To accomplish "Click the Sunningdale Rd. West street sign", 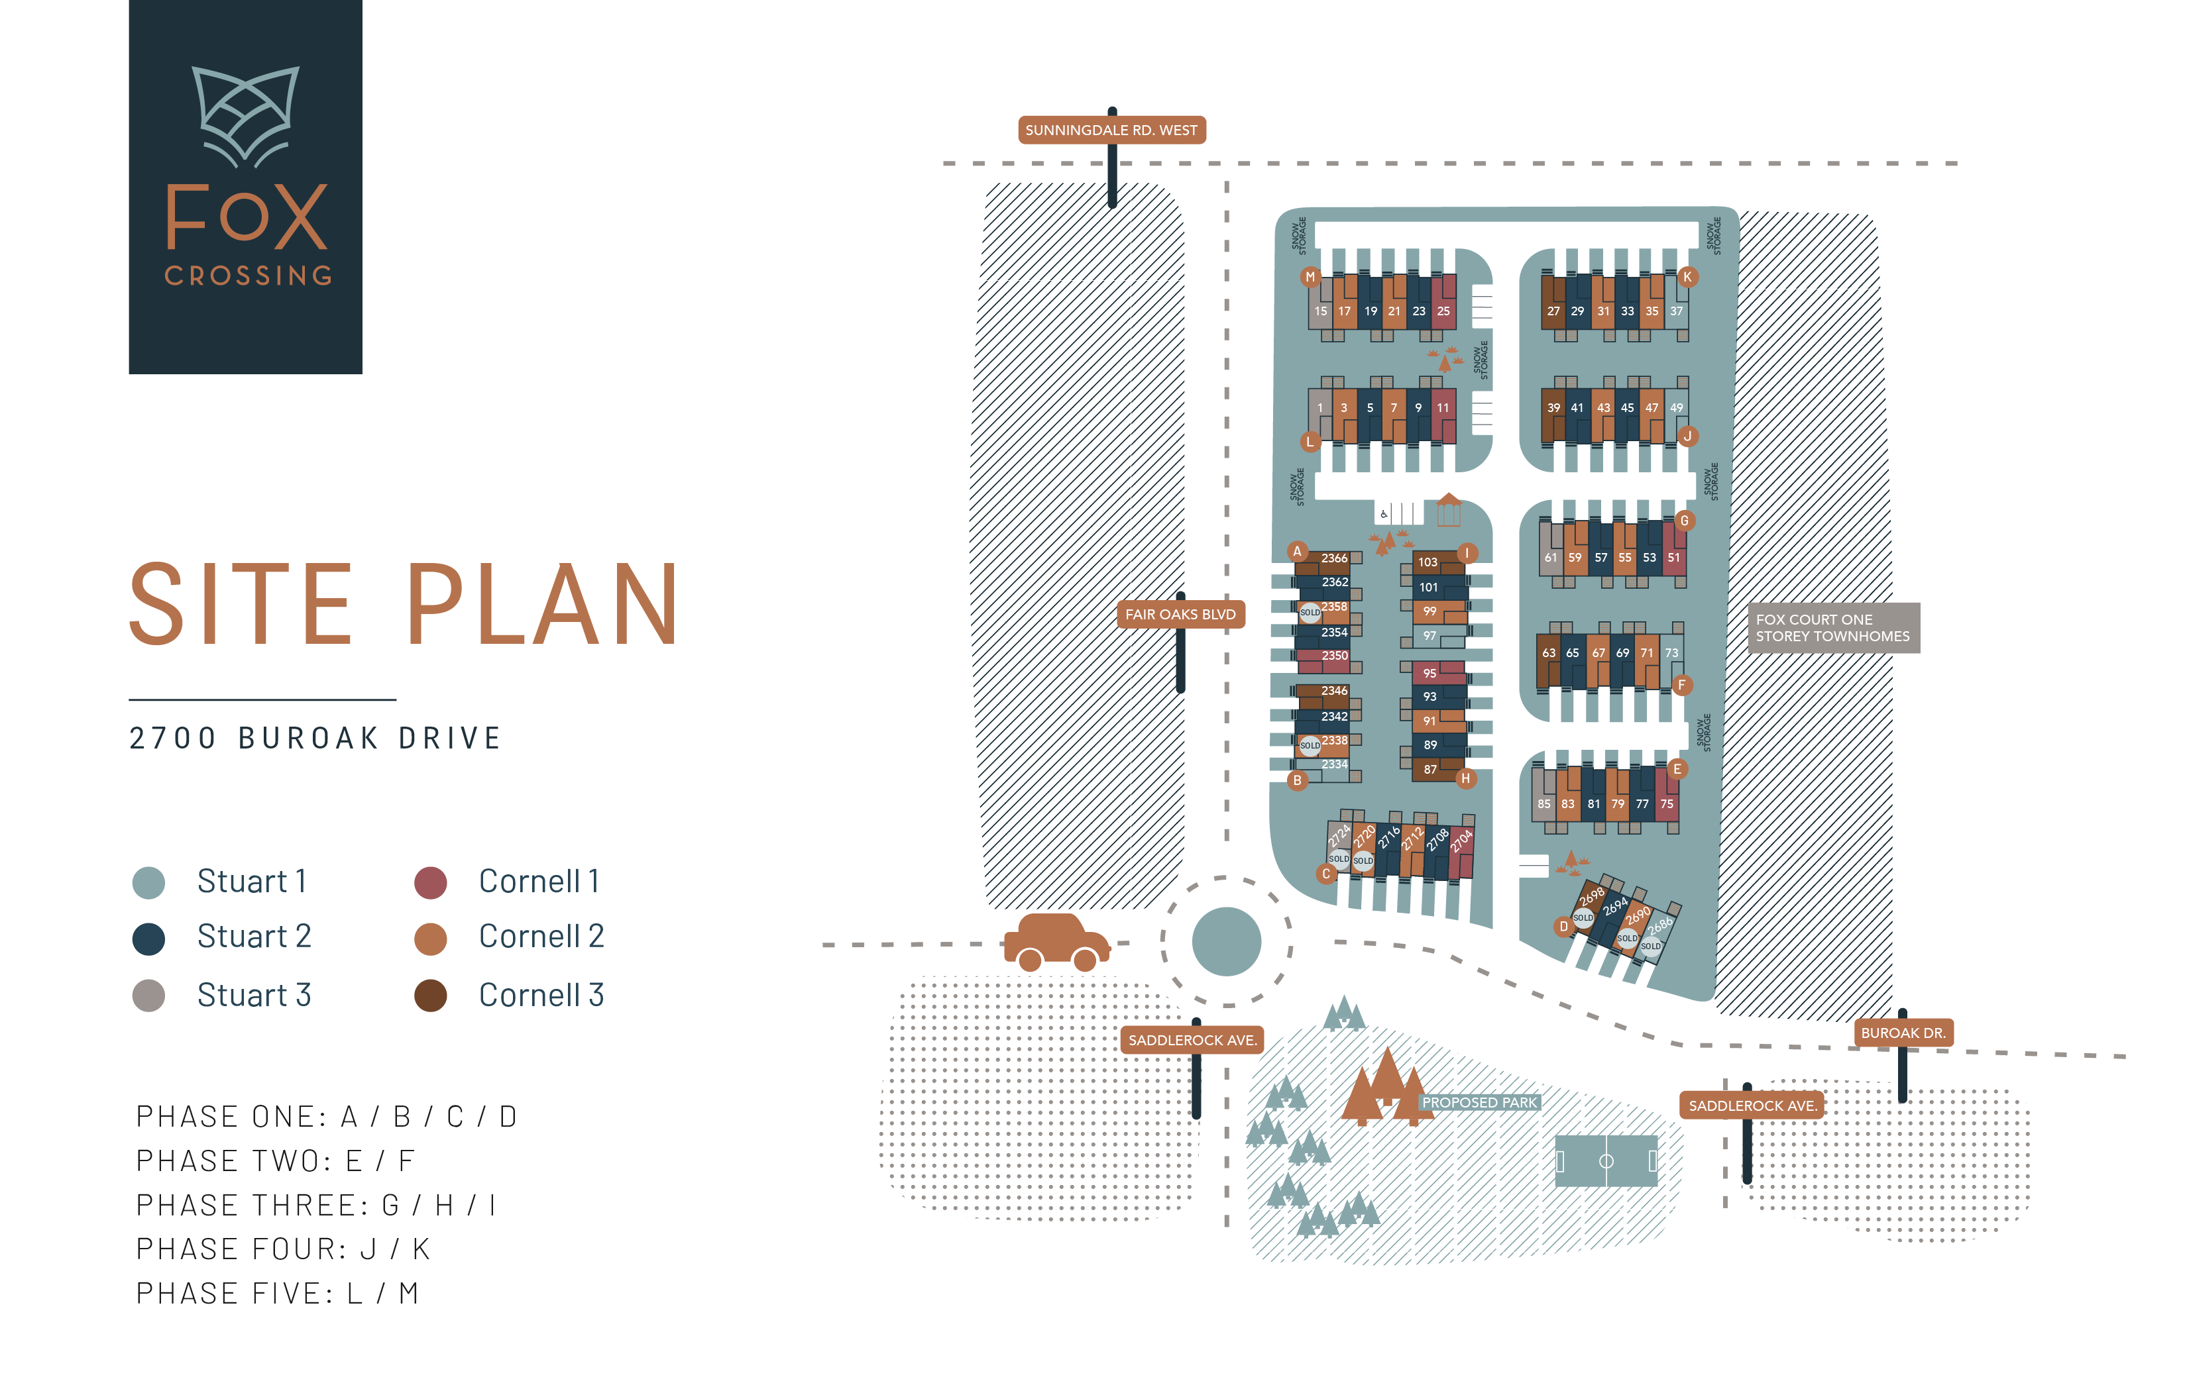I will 1111,130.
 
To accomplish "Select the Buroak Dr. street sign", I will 1903,1033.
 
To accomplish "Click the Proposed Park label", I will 1479,1102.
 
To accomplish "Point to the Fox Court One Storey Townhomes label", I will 1833,627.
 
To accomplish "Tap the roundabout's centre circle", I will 1226,941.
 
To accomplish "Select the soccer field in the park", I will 1606,1160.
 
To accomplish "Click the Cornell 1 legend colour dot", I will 431,882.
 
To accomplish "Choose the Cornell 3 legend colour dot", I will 431,995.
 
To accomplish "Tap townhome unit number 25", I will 1443,311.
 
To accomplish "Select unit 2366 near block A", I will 1334,558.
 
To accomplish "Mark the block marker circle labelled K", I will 1687,277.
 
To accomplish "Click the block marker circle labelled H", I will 1465,778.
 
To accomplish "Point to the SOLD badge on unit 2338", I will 1310,745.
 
